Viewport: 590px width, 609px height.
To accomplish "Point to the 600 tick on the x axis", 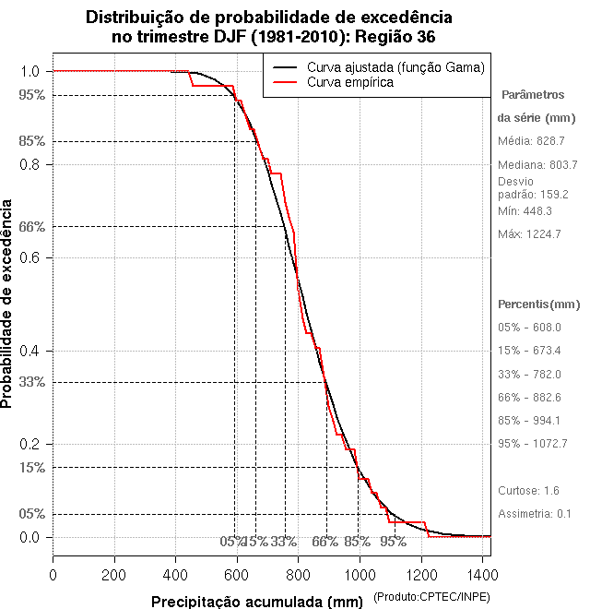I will pyautogui.click(x=237, y=575).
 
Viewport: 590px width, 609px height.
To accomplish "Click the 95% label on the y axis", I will pyautogui.click(x=31, y=94).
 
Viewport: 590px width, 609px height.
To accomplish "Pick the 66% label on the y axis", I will pyautogui.click(x=31, y=226).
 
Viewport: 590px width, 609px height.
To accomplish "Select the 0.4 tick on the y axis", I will pyautogui.click(x=31, y=351).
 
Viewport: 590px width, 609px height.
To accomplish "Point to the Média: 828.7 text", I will pyautogui.click(x=531, y=140).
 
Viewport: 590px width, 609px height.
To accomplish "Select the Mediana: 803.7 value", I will pyautogui.click(x=537, y=163).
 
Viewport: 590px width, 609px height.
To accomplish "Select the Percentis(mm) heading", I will pyautogui.click(x=539, y=304).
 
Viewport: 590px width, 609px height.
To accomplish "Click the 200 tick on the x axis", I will pyautogui.click(x=114, y=575).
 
